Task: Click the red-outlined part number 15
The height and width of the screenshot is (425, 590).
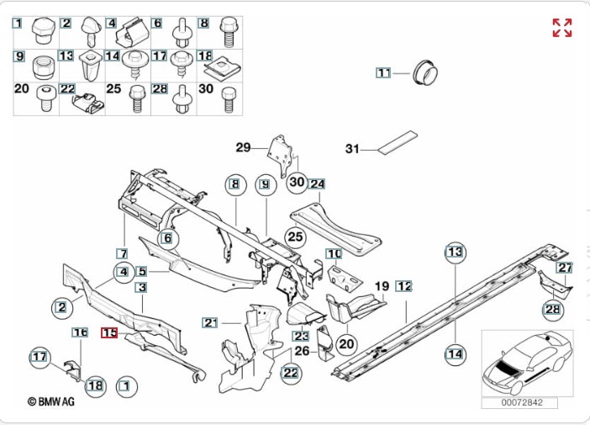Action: [x=109, y=332]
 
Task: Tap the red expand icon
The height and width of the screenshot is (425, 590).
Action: [x=562, y=28]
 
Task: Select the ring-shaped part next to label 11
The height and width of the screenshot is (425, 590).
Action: [x=425, y=72]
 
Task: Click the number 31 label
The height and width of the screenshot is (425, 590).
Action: [x=352, y=149]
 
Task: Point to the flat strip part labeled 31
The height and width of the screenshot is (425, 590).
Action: [x=398, y=142]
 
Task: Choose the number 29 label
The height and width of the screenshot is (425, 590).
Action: [x=243, y=147]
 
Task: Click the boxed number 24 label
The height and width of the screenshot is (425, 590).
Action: [x=317, y=183]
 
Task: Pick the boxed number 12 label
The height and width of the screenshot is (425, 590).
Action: [x=403, y=286]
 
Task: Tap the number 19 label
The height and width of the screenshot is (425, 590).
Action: [x=382, y=286]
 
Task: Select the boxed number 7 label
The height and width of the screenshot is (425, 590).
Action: [x=123, y=253]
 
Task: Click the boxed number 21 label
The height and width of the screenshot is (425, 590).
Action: [x=210, y=322]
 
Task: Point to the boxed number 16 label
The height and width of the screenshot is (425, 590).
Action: [x=80, y=332]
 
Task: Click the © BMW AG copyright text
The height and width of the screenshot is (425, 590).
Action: [x=51, y=401]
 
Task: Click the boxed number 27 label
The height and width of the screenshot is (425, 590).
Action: [x=565, y=268]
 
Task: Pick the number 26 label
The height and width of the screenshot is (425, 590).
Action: [x=302, y=351]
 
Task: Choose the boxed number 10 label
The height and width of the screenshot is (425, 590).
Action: [x=334, y=253]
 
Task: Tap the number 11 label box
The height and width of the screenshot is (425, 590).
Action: [x=383, y=72]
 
